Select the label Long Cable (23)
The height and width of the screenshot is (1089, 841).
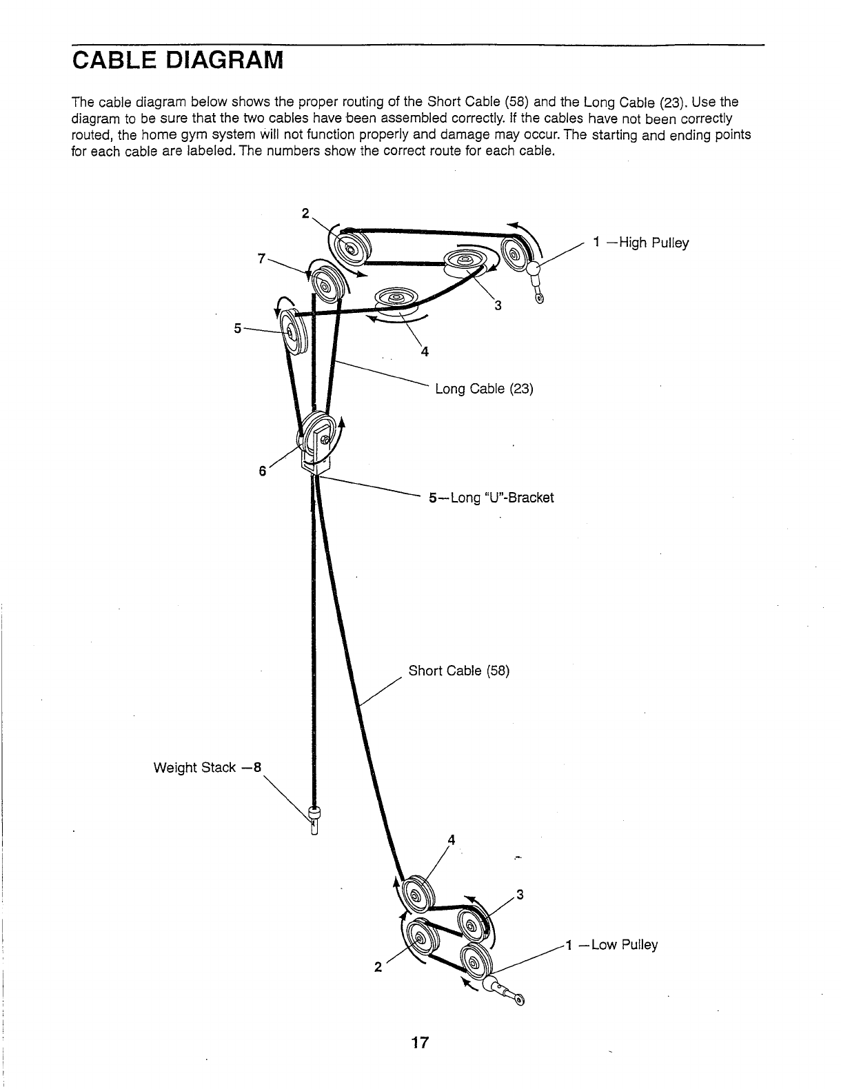coord(484,389)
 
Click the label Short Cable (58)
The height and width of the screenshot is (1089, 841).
coord(458,671)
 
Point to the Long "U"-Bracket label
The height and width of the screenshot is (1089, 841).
coord(491,497)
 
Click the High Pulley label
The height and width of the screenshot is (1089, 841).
coord(640,243)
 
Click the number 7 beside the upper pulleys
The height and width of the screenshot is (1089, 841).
coord(261,258)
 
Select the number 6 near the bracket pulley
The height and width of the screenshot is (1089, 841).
coord(262,471)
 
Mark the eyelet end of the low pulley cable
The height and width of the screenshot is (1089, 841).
coord(518,998)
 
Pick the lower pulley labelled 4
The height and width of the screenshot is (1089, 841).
coord(416,895)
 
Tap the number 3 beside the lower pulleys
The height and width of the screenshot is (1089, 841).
coord(520,895)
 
